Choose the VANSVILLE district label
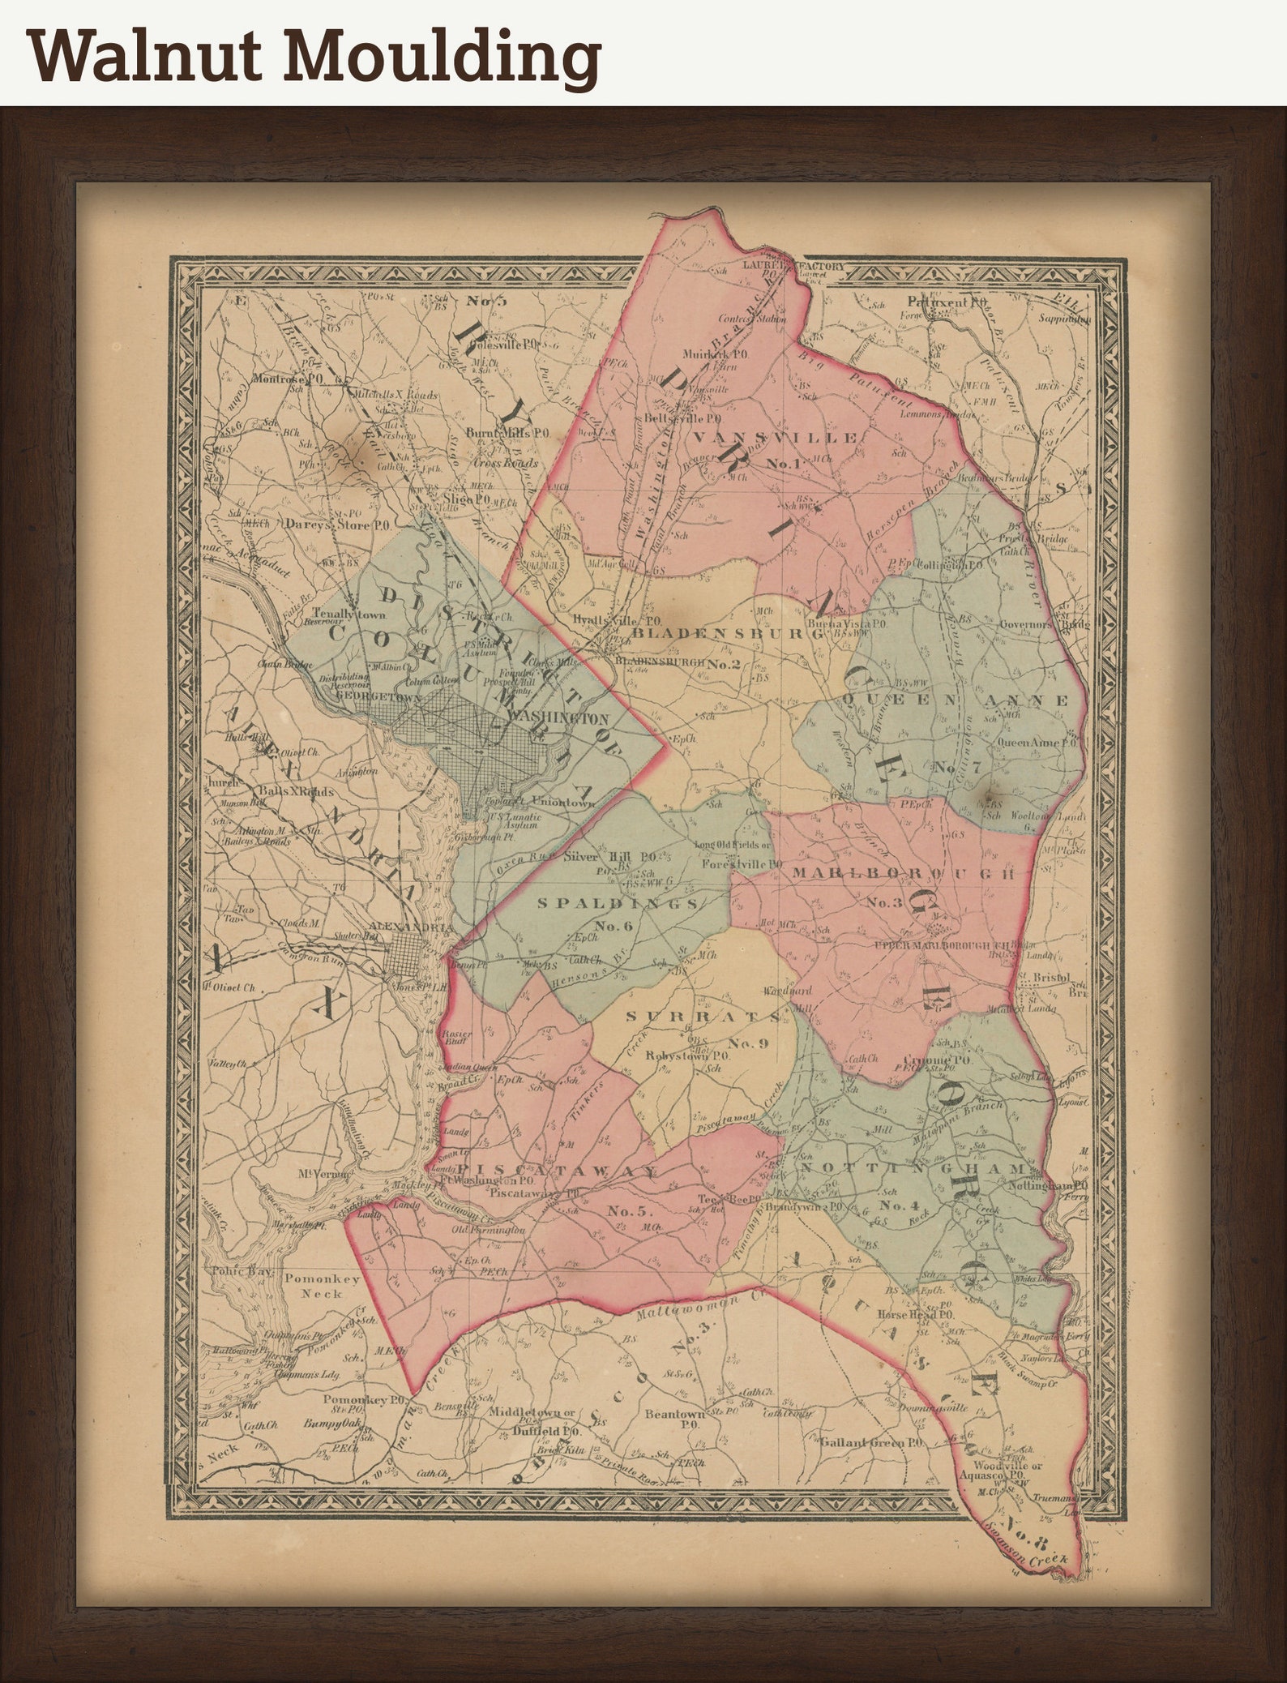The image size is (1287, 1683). (776, 438)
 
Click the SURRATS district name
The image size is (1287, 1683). (703, 1016)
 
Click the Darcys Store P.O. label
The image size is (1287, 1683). (327, 525)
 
